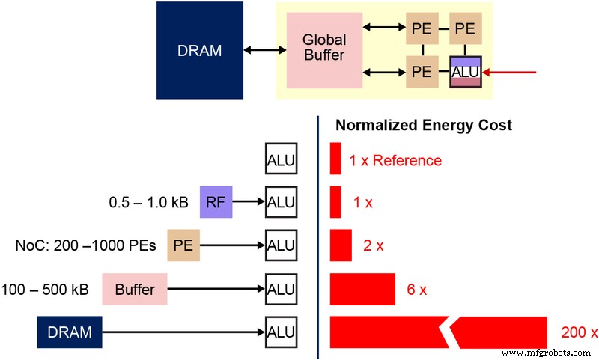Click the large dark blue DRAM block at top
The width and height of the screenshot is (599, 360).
point(201,50)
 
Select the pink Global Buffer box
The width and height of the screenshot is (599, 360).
point(323,50)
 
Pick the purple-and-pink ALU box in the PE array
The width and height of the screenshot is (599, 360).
point(464,72)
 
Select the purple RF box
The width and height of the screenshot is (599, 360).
point(216,202)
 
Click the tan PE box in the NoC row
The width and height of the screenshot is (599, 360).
point(183,245)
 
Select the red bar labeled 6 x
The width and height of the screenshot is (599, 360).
point(362,289)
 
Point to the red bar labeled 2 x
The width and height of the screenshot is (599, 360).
point(341,245)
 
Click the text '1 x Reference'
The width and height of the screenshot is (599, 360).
point(395,160)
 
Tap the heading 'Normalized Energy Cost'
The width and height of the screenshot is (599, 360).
point(424,125)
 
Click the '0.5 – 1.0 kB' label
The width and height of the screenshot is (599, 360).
point(149,202)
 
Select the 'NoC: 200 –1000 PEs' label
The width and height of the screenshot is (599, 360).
point(85,245)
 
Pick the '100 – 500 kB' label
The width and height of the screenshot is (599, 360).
point(44,289)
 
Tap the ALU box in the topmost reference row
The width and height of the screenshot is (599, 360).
point(282,160)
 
